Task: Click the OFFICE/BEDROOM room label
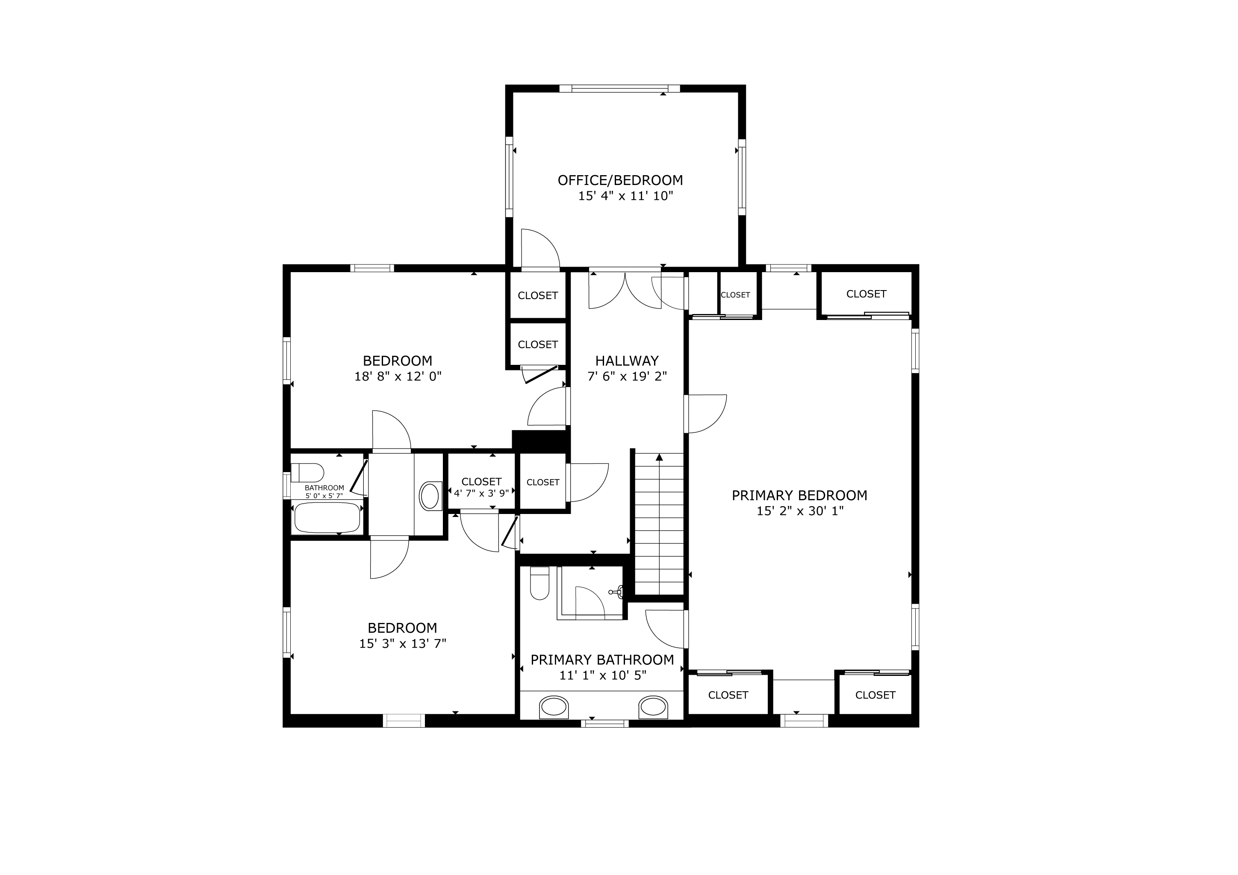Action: click(x=620, y=180)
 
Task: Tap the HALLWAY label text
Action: click(x=627, y=361)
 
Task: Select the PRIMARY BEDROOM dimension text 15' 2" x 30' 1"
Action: click(x=800, y=511)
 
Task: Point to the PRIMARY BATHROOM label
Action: click(x=602, y=660)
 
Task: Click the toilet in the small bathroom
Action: click(x=307, y=473)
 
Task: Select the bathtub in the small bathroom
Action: click(x=326, y=517)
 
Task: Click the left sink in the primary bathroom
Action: click(x=554, y=707)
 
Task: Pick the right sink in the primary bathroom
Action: click(x=653, y=707)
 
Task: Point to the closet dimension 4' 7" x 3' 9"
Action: click(x=481, y=493)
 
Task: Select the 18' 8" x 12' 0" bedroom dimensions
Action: click(x=398, y=376)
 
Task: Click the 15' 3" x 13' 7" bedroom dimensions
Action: click(x=403, y=643)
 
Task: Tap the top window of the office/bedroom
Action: click(x=619, y=88)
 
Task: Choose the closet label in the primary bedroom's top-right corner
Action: click(x=867, y=294)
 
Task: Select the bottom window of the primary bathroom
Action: click(x=605, y=723)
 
